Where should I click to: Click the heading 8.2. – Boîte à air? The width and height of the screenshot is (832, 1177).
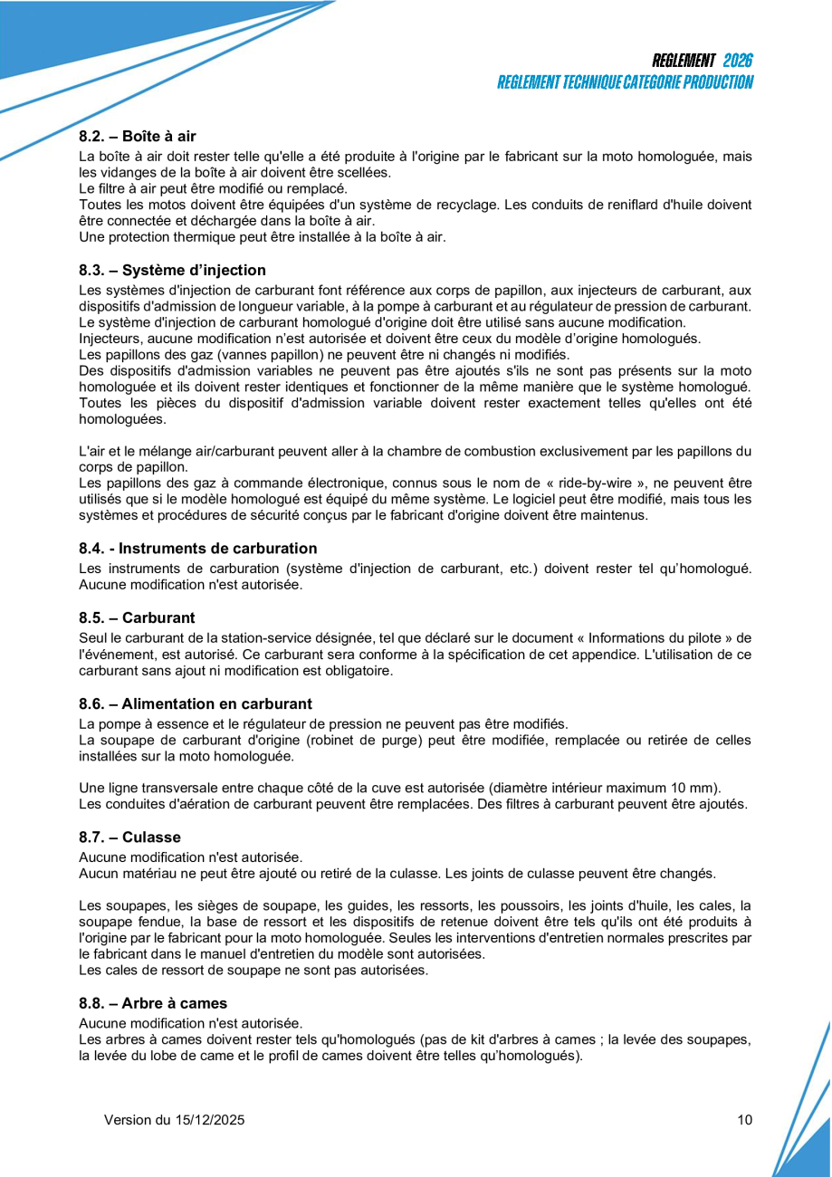(138, 137)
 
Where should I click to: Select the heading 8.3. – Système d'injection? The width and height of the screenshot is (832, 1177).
(173, 270)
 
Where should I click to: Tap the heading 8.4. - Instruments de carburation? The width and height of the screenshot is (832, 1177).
(198, 549)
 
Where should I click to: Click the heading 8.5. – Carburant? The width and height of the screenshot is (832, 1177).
(137, 618)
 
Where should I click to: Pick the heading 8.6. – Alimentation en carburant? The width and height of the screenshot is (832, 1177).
(196, 703)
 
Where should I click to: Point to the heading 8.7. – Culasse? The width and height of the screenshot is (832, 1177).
(130, 837)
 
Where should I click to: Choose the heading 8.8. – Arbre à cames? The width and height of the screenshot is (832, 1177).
(153, 1003)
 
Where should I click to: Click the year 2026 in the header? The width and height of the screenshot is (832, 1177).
(738, 61)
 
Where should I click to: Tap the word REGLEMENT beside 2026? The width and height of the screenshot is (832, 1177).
(684, 61)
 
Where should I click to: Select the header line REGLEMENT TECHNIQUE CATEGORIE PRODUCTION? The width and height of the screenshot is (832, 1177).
(625, 82)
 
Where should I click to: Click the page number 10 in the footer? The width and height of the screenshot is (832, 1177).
(744, 1120)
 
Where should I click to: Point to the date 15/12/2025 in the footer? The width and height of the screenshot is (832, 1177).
(210, 1120)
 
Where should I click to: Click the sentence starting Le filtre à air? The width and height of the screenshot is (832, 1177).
(214, 188)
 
